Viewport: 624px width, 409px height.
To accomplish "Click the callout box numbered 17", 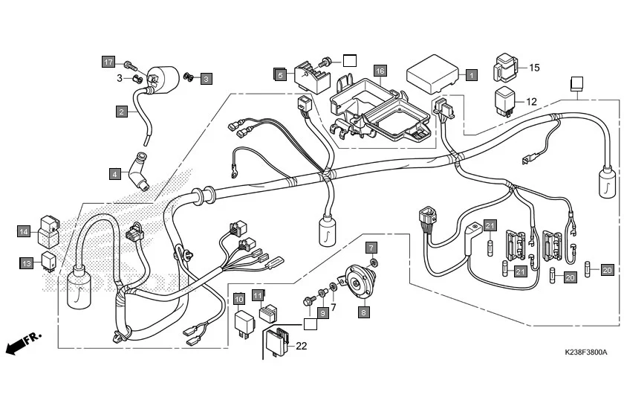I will pos(108,62).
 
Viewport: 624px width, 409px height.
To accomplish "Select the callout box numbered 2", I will pos(120,112).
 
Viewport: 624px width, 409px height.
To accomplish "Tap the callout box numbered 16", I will pos(380,71).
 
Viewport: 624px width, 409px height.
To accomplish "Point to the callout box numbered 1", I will pos(471,74).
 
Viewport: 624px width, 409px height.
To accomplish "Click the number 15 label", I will pos(534,68).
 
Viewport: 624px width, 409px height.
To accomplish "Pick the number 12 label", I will pos(531,101).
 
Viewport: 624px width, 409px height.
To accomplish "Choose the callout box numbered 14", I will pos(25,231).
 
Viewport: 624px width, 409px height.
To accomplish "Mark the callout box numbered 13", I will pos(26,263).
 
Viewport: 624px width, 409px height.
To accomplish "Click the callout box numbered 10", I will pos(239,299).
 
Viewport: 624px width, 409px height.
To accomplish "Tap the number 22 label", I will pos(301,346).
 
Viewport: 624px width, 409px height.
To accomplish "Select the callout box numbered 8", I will pos(363,313).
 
